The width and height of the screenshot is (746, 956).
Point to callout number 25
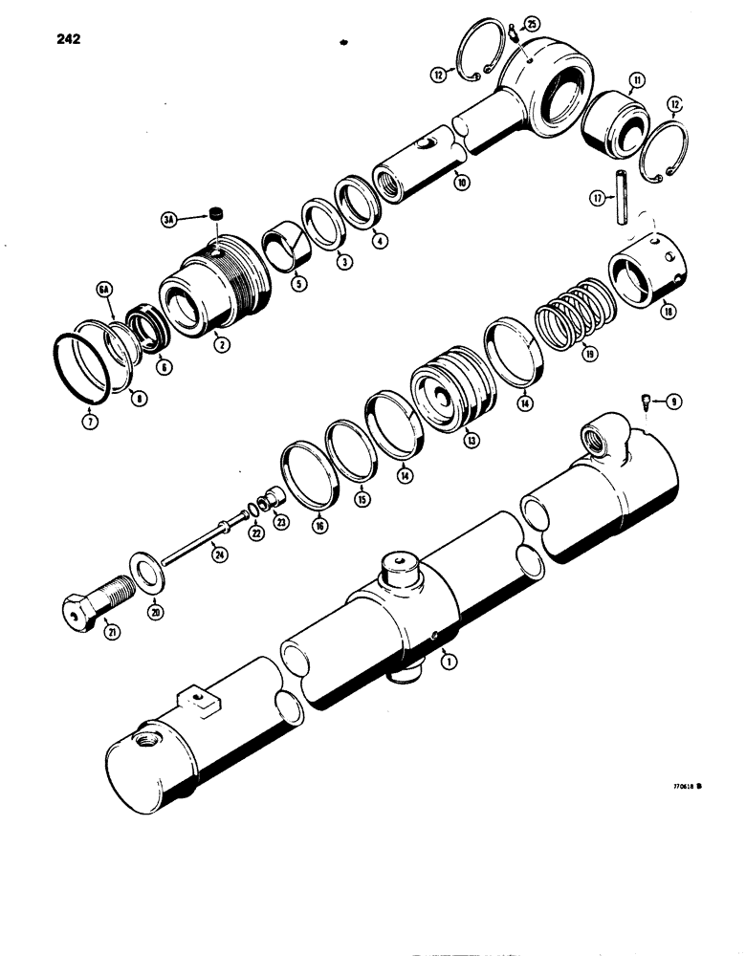tap(533, 22)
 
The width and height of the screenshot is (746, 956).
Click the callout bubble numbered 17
tap(599, 199)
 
